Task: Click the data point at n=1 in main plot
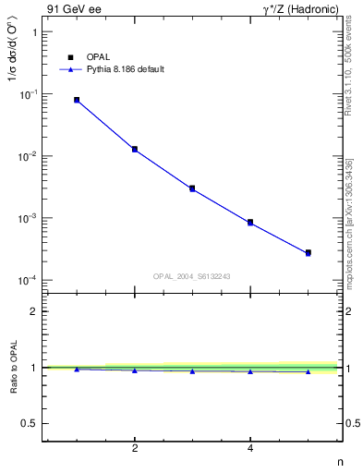click(x=77, y=100)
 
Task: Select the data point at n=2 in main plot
click(x=135, y=149)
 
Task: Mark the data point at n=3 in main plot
click(x=192, y=188)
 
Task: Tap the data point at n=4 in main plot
click(x=250, y=223)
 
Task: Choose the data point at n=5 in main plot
click(x=309, y=252)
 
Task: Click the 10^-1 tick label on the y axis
click(x=29, y=94)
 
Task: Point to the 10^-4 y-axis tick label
click(x=29, y=280)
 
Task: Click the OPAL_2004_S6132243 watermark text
click(x=192, y=275)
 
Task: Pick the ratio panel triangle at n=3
click(x=192, y=371)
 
